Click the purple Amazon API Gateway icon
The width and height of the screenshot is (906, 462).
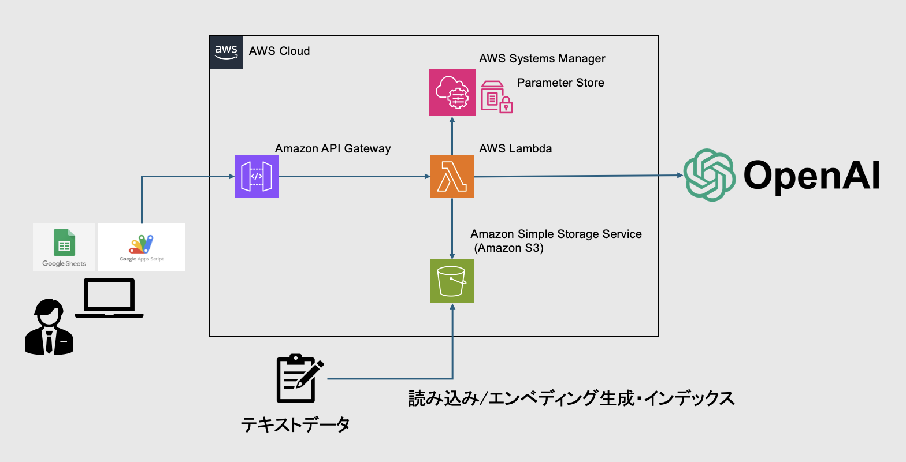click(x=257, y=176)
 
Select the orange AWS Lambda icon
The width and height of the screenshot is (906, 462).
click(x=452, y=176)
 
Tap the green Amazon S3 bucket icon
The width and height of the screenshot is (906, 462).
click(x=452, y=281)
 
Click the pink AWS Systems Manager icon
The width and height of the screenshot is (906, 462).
click(x=452, y=92)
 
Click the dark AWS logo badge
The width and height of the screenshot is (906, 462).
click(x=226, y=52)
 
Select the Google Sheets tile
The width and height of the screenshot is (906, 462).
click(x=64, y=247)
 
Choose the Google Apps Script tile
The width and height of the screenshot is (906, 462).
click(x=142, y=247)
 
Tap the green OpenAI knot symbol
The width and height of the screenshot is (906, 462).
click(x=709, y=175)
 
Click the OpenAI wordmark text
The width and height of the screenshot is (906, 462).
click(x=811, y=175)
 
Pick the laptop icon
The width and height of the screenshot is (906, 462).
click(x=109, y=298)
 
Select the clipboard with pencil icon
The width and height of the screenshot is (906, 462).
click(x=299, y=378)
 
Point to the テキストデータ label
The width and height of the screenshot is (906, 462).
click(x=295, y=426)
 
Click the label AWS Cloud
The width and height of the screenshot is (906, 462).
click(x=279, y=51)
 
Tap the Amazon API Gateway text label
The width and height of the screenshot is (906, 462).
click(x=333, y=148)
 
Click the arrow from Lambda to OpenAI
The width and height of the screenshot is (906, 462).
click(x=578, y=176)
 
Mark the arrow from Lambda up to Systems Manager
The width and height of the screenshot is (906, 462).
click(x=452, y=136)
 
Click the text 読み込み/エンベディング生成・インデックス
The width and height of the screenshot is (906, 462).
click(x=571, y=398)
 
